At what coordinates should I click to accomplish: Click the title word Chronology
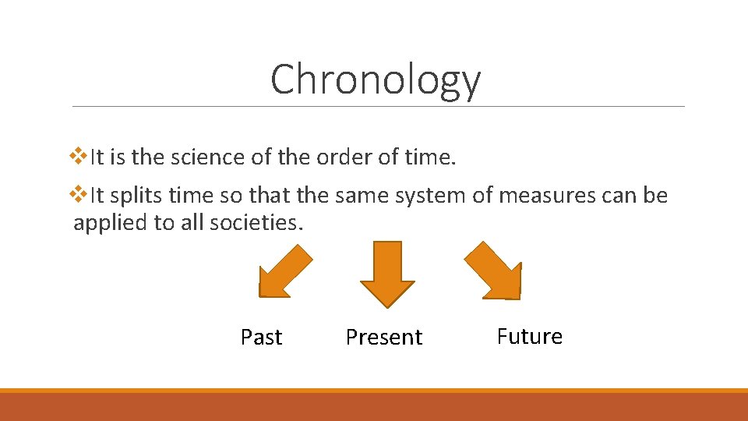(x=376, y=80)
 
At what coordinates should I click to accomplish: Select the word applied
(x=111, y=223)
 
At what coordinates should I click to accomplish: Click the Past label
(x=261, y=338)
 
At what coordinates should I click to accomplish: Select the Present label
(x=384, y=338)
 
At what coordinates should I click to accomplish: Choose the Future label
(x=529, y=337)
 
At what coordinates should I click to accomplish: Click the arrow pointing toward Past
(x=282, y=273)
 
